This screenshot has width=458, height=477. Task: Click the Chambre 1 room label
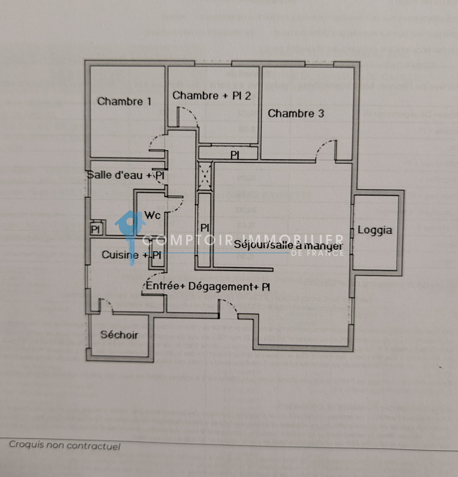coord(124,102)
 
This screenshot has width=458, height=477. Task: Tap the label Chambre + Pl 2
coord(212,95)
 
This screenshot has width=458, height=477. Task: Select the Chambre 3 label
coord(296,114)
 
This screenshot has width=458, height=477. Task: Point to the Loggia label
coord(375,230)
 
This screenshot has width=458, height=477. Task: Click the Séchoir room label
coord(119,335)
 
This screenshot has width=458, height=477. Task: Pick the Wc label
coord(153,216)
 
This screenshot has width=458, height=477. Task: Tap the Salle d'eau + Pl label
coord(126,175)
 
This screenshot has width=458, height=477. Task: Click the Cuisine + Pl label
coord(131,255)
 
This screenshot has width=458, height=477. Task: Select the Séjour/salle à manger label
coord(289,244)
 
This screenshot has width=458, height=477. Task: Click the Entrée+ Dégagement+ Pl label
coord(208,286)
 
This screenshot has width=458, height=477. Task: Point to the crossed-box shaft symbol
coord(204,175)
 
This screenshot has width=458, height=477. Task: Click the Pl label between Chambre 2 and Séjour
coord(235,155)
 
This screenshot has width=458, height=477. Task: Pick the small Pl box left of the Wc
coord(95,229)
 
